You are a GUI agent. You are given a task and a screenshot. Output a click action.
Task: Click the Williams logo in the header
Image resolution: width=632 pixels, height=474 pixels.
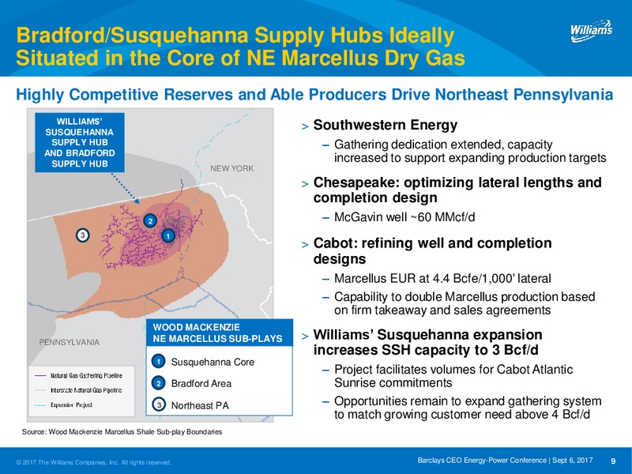[591, 31]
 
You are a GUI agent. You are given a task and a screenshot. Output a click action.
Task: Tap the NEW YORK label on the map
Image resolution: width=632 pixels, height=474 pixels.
[231, 168]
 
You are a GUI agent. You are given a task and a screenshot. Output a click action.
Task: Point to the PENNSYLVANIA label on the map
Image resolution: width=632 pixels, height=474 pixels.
[69, 342]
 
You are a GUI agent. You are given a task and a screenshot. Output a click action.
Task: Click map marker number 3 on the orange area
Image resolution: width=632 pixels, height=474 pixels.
[83, 235]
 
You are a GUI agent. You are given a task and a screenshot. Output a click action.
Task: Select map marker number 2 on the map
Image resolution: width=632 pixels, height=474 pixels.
[150, 220]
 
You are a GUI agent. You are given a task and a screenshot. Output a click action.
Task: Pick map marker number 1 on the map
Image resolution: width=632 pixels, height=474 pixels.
[168, 235]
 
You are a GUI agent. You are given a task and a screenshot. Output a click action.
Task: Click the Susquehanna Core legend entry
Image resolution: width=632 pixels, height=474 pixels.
[203, 362]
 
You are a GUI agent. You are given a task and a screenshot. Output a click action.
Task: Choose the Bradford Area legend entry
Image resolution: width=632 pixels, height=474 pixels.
[191, 383]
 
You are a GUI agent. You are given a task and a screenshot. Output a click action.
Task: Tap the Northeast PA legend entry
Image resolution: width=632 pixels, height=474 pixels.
[190, 404]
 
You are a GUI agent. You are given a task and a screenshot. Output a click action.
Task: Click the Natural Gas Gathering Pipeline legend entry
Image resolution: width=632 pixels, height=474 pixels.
[78, 376]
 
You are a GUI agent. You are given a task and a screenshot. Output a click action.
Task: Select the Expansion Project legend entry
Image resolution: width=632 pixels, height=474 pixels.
[64, 405]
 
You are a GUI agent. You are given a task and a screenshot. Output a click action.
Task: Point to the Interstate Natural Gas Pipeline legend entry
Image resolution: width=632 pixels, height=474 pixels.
[78, 390]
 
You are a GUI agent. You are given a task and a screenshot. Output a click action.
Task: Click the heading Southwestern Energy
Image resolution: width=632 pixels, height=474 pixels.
[386, 125]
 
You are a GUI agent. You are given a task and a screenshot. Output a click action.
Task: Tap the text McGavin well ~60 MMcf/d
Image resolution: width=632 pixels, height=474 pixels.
[404, 217]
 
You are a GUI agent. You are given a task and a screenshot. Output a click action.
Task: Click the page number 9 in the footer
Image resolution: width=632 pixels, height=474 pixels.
[614, 461]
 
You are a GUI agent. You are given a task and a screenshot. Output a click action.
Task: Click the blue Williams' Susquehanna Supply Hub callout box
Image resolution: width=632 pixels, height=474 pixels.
[80, 142]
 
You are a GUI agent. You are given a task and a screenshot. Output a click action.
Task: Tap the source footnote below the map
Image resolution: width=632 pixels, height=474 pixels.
[122, 431]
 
